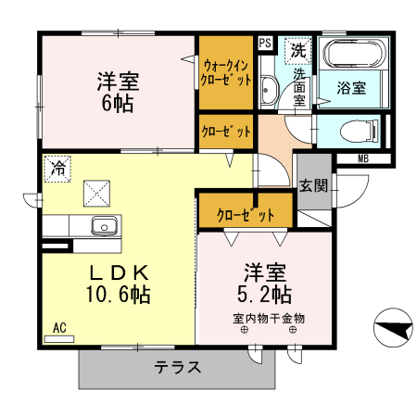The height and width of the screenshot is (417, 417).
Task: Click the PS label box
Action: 265,43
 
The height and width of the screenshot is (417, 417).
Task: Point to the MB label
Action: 362,158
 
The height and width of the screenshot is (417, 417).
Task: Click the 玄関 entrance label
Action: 313,184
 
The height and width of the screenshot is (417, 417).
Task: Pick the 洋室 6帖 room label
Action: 117,91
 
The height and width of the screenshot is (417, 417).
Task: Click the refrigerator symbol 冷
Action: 57,168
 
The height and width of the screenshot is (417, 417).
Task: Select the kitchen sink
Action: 102,225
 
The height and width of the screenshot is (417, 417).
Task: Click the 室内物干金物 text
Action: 269,318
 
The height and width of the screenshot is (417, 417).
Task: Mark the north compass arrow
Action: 394,329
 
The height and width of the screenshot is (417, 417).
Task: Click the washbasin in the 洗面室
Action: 271,90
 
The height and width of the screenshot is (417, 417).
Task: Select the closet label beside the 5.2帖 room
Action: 246,216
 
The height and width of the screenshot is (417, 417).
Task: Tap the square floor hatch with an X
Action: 97,193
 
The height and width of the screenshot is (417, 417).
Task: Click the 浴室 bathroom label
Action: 350,89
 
